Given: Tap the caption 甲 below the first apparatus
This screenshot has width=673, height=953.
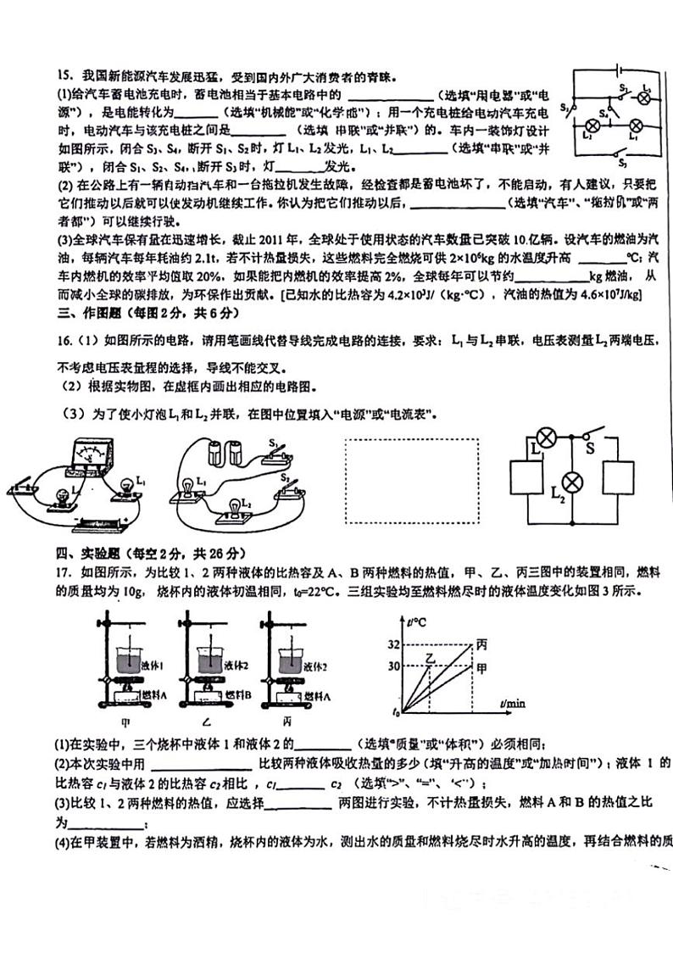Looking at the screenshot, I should [x=126, y=722].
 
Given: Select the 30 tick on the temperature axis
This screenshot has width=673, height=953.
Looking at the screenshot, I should [x=392, y=666].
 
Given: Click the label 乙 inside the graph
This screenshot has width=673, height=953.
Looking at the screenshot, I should [x=431, y=657].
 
